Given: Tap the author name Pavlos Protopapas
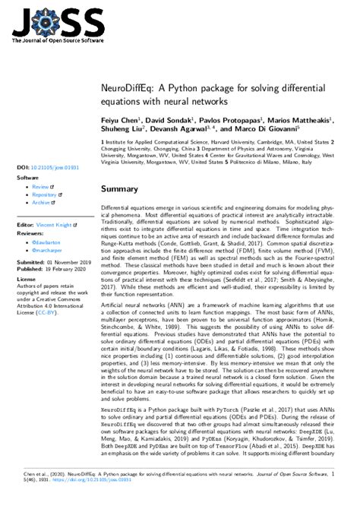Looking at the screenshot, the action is (x=233, y=120).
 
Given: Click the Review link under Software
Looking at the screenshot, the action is (x=40, y=186).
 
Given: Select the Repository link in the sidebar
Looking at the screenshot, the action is (x=45, y=194).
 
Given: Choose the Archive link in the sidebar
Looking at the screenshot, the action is (x=42, y=203).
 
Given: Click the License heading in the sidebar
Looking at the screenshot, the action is (x=26, y=279).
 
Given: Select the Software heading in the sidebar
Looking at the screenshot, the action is (x=28, y=177).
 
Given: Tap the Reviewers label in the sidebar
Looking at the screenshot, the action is (x=31, y=233).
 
